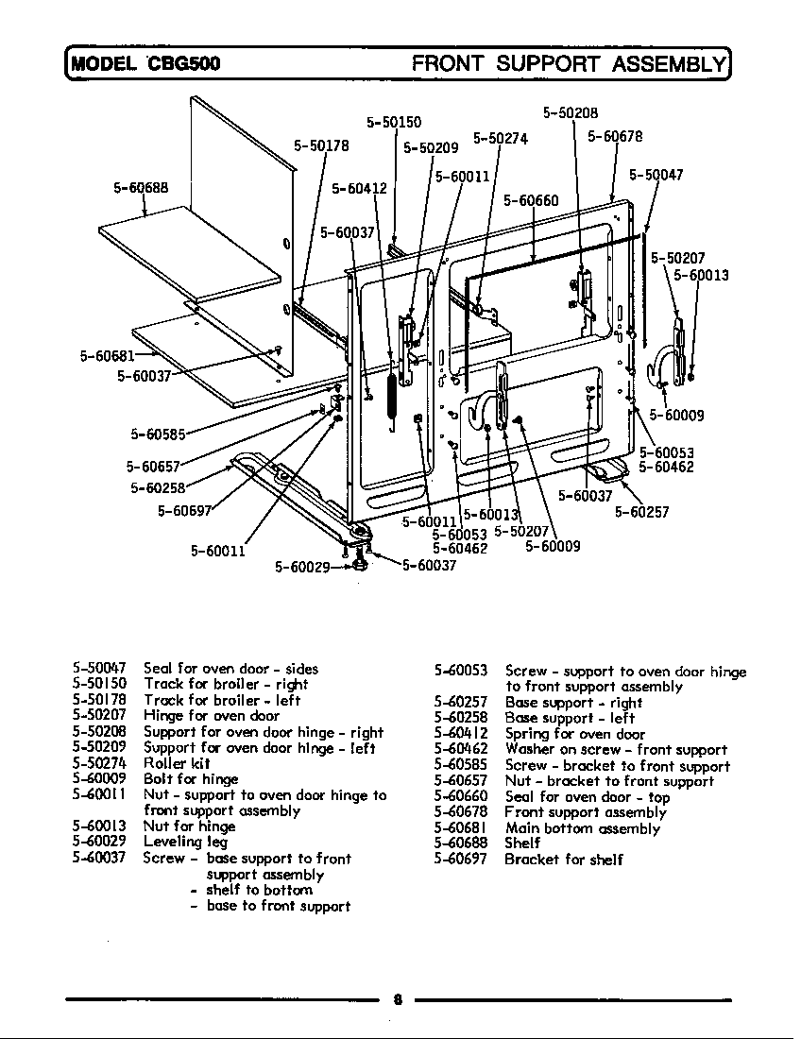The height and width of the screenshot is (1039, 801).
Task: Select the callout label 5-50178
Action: click(321, 146)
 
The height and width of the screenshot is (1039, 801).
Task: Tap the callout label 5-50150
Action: click(393, 122)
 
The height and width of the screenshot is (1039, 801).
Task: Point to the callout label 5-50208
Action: click(571, 112)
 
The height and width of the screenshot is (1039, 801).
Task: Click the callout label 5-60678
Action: click(615, 136)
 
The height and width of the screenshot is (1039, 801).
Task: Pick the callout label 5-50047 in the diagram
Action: click(656, 175)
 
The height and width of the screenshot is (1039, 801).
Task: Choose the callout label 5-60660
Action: click(530, 200)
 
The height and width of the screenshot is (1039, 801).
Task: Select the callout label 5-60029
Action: click(302, 567)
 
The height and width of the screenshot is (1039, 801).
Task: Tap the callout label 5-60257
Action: click(642, 512)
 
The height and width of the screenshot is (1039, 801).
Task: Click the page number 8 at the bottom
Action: click(399, 1001)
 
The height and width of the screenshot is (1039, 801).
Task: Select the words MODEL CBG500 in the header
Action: click(144, 64)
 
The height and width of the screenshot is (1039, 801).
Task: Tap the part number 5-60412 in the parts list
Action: click(460, 734)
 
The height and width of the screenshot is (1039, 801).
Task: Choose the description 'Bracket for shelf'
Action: click(563, 860)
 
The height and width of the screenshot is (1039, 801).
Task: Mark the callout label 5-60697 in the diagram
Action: click(185, 511)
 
